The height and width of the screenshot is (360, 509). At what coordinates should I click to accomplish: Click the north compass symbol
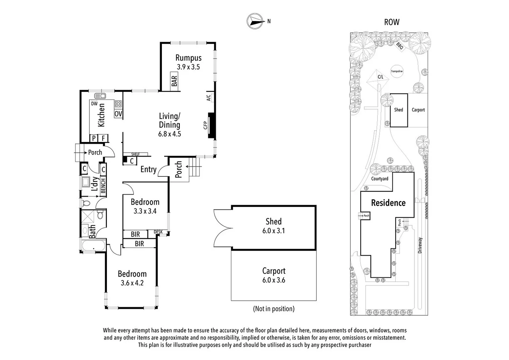click(x=254, y=21)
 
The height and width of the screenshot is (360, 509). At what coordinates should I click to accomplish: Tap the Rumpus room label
click(x=188, y=58)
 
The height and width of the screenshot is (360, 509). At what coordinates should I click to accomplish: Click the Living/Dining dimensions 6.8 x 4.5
click(x=170, y=134)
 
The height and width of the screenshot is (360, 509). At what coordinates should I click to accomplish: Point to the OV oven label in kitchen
click(x=118, y=114)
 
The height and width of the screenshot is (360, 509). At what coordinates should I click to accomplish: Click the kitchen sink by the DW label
click(x=100, y=96)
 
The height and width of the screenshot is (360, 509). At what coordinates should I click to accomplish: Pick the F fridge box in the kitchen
click(x=103, y=138)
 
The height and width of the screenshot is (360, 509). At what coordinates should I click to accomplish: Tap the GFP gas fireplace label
click(x=205, y=125)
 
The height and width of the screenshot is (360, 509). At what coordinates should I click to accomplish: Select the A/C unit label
click(x=209, y=97)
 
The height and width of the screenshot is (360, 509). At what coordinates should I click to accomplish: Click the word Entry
click(x=148, y=169)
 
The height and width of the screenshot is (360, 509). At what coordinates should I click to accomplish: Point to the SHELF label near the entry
click(x=135, y=154)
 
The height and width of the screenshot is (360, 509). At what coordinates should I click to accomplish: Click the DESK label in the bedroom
click(x=158, y=232)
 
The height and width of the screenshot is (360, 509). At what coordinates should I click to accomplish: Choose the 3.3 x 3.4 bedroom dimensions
click(x=145, y=211)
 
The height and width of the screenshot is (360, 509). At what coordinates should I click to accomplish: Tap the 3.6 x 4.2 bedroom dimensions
click(x=132, y=283)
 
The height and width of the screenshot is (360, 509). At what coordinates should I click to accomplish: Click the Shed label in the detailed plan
click(x=273, y=221)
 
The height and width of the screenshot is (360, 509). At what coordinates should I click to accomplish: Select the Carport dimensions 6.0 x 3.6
click(x=273, y=280)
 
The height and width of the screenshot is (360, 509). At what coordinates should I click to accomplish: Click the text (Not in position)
click(x=274, y=309)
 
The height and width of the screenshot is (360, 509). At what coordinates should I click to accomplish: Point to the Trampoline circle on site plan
click(x=397, y=71)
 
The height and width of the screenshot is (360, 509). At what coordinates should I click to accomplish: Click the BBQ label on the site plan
click(x=400, y=46)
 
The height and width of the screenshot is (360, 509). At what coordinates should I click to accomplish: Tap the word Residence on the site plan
click(x=388, y=203)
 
